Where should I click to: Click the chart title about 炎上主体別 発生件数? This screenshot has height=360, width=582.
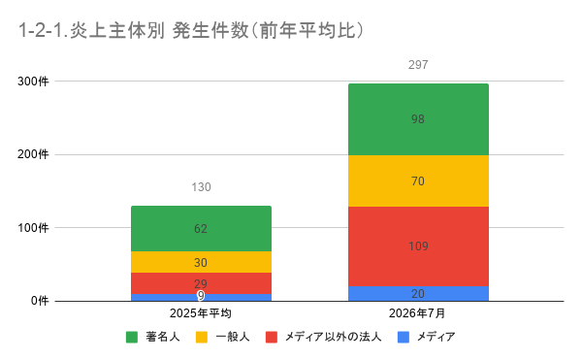(191, 30)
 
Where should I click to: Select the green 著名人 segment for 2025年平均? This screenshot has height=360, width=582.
(201, 229)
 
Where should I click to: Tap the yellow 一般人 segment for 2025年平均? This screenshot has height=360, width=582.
(201, 262)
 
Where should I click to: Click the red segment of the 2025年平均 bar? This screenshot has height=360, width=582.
(201, 283)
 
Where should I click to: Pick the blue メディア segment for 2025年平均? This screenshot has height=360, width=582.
(201, 298)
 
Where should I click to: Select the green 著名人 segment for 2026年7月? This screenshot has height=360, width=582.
(418, 119)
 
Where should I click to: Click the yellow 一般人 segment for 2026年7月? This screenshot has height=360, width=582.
(418, 180)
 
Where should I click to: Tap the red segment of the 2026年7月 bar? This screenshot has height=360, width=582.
(418, 246)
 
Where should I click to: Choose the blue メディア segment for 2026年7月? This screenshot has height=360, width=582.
(418, 294)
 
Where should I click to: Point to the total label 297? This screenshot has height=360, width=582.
(418, 65)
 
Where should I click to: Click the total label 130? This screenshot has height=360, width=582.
(201, 187)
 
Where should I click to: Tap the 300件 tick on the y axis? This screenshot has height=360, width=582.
(33, 82)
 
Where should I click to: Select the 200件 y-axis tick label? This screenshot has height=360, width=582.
(33, 154)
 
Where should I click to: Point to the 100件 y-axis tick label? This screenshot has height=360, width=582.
(33, 228)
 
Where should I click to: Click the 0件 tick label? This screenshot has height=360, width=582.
(40, 301)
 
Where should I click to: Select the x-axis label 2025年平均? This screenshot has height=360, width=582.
(201, 313)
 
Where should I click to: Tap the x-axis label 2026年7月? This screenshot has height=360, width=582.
(417, 313)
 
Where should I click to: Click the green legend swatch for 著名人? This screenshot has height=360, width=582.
(132, 337)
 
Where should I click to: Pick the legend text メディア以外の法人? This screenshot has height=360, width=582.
(333, 337)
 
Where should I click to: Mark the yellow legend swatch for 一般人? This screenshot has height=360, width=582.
(202, 337)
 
